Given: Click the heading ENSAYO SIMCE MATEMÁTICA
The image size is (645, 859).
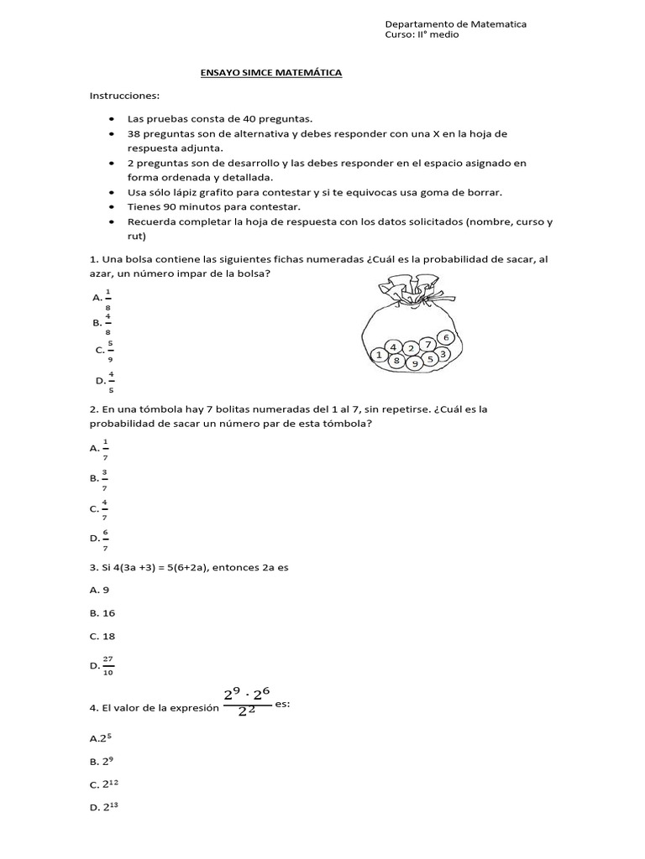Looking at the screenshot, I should click(271, 74).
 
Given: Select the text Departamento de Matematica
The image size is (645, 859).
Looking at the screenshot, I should click(455, 24).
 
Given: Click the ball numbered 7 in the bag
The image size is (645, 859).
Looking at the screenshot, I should click(427, 344).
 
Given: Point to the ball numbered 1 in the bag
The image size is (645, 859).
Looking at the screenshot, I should click(380, 356).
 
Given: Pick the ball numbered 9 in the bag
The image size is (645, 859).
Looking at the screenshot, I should click(415, 364).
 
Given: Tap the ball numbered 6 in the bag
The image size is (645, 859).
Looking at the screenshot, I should click(447, 337).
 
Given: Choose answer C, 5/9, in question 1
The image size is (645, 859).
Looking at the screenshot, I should click(104, 351).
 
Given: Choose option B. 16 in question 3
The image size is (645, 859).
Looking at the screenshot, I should click(102, 613).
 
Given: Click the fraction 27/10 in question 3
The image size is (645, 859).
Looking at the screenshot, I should click(107, 666).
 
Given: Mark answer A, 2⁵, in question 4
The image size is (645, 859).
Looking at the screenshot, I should click(100, 738).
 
